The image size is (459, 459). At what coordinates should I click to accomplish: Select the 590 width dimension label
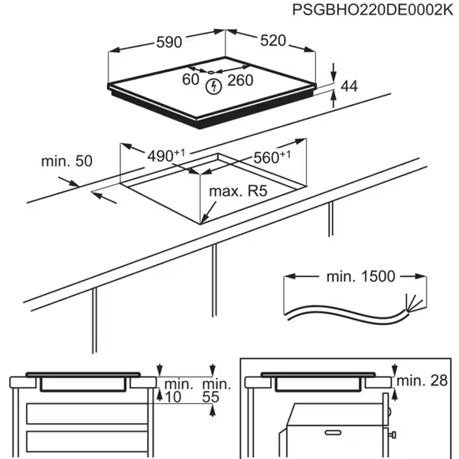click(170, 43)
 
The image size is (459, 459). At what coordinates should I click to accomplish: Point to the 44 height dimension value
click(350, 86)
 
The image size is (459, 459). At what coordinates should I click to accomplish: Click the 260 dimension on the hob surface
click(242, 80)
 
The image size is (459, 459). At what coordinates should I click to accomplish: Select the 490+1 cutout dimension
click(166, 156)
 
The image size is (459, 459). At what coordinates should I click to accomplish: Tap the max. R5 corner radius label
click(238, 191)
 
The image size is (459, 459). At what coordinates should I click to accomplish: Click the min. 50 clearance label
click(67, 161)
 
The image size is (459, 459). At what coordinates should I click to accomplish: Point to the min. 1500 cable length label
click(353, 276)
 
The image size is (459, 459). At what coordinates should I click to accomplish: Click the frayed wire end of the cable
click(414, 300)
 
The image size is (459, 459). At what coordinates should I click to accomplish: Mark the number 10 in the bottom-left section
click(174, 397)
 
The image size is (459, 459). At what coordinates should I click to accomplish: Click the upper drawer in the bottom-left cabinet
click(84, 414)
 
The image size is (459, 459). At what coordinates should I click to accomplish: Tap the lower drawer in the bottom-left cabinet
click(84, 441)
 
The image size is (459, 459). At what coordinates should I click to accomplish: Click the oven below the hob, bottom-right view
click(333, 432)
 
